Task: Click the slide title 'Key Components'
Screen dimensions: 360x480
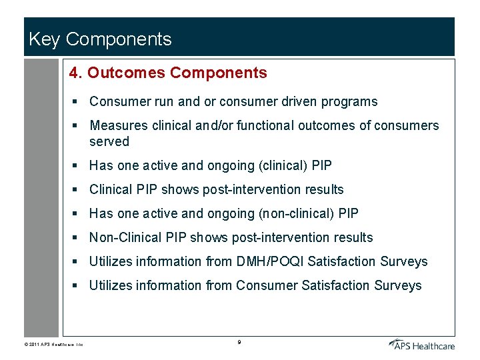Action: tap(100, 39)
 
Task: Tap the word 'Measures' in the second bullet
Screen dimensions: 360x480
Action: tap(116, 126)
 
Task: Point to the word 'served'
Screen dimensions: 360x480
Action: tap(109, 141)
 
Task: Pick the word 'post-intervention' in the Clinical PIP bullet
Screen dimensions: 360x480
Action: tap(249, 190)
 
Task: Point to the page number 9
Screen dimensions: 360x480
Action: tap(239, 343)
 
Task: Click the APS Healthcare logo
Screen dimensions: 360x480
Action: tap(422, 344)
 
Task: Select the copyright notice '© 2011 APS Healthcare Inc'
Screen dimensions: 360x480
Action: tap(51, 345)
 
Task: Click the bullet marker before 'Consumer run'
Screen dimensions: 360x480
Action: tap(77, 102)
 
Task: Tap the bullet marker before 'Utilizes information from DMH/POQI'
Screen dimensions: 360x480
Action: tap(77, 262)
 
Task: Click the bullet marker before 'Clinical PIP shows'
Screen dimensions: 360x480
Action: tap(77, 190)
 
